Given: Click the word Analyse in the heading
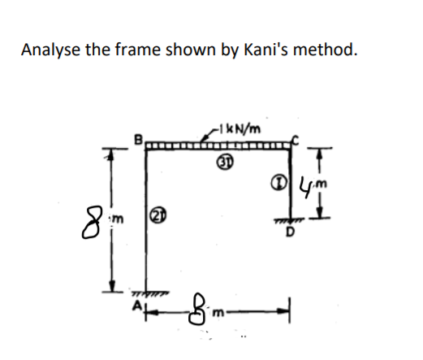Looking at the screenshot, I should coord(49,50).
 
